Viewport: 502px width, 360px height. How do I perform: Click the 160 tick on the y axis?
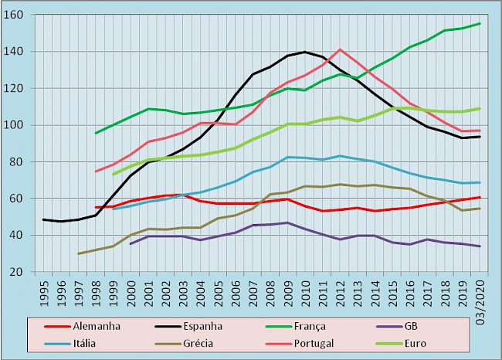click(24, 15)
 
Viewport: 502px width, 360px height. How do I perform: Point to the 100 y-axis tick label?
click(24, 125)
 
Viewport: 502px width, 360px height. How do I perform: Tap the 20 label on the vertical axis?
click(27, 272)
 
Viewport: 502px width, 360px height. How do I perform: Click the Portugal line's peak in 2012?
click(340, 49)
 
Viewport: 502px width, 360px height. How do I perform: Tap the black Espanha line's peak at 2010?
click(305, 52)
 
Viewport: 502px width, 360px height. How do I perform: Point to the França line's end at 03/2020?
click(480, 23)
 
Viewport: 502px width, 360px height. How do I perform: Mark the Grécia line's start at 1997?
click(79, 253)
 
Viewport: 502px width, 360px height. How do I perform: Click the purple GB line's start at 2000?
click(131, 243)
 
